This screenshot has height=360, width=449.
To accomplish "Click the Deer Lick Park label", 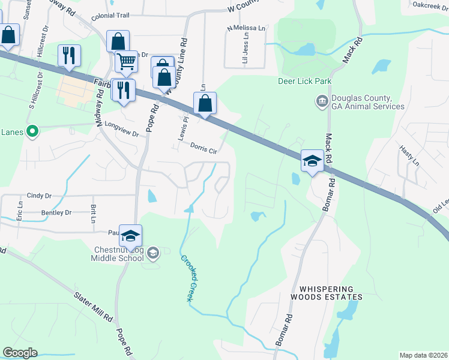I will (x=304, y=81).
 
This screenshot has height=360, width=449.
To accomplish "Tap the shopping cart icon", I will (x=126, y=61).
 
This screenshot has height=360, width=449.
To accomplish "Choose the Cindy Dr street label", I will (x=39, y=196).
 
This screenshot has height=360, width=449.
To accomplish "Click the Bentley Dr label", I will (x=56, y=212).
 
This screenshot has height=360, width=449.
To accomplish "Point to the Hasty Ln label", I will (x=409, y=154).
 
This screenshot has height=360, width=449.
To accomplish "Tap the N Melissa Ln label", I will (x=246, y=28).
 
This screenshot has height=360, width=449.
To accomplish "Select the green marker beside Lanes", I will (x=33, y=130).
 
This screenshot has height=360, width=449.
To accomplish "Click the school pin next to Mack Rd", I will (x=312, y=161).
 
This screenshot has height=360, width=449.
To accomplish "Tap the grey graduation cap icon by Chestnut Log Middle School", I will (x=153, y=253).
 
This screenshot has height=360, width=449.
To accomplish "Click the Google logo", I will (x=20, y=352).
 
